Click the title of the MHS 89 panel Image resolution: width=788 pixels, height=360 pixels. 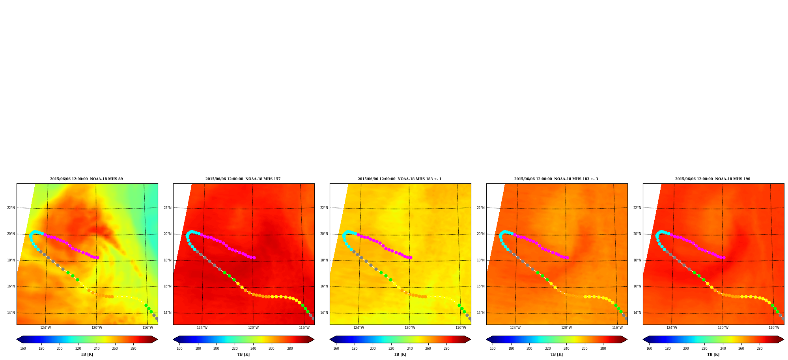point(86,179)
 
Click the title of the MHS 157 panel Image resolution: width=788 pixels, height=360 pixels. point(243,179)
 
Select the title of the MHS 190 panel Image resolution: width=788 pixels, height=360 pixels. point(713,179)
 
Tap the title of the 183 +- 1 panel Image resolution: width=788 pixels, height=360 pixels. point(400,179)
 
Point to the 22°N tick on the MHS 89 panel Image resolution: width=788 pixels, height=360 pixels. point(11,208)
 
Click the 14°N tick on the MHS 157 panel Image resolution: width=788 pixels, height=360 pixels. point(168,313)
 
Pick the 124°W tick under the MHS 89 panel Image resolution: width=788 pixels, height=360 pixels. point(45,328)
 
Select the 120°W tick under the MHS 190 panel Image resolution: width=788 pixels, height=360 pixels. point(723,328)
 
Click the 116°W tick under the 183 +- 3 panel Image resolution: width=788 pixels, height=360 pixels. point(617,328)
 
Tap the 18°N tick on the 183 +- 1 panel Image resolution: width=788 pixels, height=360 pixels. point(324,260)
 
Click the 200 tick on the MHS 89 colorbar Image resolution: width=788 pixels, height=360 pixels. point(60,349)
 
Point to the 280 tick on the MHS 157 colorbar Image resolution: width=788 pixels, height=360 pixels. point(290,349)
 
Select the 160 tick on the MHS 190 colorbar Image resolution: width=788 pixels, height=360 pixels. point(649,349)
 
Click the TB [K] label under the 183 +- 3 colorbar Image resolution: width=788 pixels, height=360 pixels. point(556,354)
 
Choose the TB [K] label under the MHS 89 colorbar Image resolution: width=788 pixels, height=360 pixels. point(87,354)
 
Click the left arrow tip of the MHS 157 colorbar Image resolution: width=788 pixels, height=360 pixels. point(173,339)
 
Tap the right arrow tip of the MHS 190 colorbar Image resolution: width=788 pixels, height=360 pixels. point(784,339)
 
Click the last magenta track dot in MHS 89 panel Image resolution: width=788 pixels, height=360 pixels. point(97,257)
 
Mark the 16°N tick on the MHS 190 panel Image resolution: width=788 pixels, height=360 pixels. point(637,286)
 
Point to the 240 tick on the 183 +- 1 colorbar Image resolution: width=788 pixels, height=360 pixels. point(409,349)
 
